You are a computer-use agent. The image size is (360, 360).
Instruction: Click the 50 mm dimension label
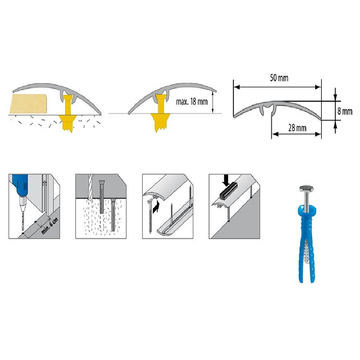(x=279, y=78)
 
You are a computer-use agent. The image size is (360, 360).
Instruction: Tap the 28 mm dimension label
(x=298, y=128)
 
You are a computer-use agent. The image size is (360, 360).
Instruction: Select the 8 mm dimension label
(x=345, y=111)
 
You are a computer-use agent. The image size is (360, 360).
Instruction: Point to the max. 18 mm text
(x=192, y=101)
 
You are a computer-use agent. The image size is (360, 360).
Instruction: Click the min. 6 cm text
(x=50, y=226)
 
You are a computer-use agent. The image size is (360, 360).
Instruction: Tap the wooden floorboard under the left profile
(x=28, y=104)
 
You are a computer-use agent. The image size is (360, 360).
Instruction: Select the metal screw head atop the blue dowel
(x=307, y=189)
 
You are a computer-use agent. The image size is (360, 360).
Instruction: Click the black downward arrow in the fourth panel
(x=226, y=180)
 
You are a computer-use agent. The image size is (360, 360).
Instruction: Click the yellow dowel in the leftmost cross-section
(x=68, y=113)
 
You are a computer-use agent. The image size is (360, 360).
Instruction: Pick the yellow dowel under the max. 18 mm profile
(x=160, y=113)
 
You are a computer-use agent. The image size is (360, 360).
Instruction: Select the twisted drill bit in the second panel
(x=90, y=187)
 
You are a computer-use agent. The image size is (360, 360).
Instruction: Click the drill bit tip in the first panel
(x=23, y=230)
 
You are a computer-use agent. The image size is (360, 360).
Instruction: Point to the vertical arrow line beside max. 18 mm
(x=213, y=102)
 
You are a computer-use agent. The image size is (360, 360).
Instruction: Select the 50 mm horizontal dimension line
(x=277, y=87)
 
